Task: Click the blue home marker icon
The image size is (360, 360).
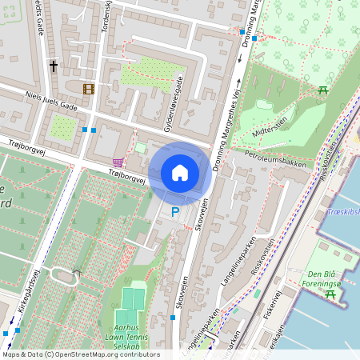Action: pos(180,173)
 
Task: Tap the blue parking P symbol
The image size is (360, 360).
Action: pos(175,212)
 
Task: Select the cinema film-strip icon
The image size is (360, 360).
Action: pos(88,87)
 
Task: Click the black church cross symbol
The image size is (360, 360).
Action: pos(54,66)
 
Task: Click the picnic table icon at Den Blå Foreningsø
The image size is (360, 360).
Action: pos(330,294)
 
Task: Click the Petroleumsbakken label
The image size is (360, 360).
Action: pos(275,158)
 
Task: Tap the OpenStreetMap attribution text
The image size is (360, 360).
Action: pos(80,354)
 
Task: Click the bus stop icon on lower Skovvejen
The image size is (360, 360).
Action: pos(174,318)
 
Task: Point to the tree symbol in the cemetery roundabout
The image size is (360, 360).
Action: pos(76,273)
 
